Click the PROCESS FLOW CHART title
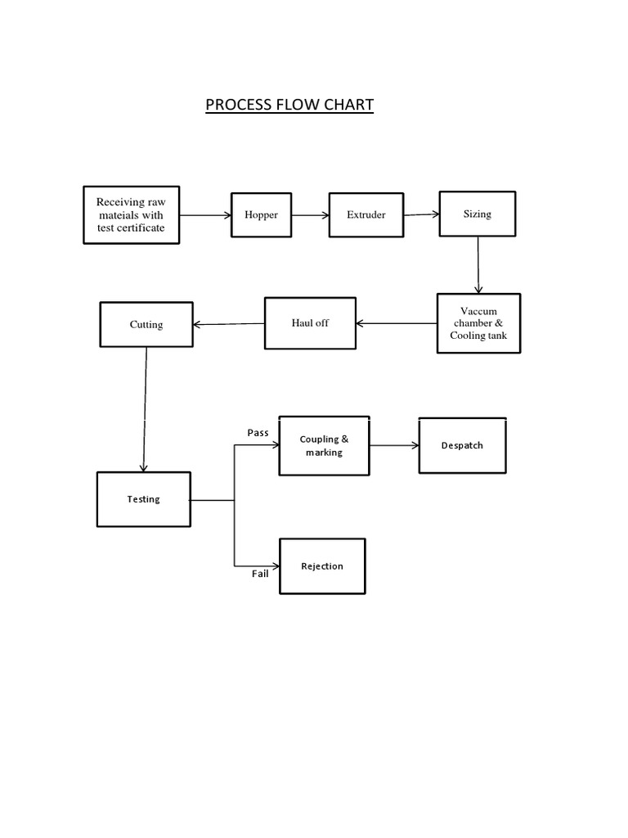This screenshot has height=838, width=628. coord(289,105)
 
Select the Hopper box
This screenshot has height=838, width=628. coord(261,215)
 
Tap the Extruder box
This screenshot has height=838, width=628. coord(366,215)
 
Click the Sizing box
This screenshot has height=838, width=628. coord(478,214)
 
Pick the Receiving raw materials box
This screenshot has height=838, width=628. coord(131,215)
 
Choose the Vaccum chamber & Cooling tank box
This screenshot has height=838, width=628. coord(478,323)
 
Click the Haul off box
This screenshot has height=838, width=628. coord(310,323)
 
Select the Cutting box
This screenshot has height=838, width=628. coord(146,325)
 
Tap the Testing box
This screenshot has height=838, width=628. coord(144,499)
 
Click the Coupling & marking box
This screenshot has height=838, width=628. coord(324,446)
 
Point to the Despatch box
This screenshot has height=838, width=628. coord(462,446)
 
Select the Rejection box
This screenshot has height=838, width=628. coord(322,566)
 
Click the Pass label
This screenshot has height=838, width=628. coord(258,432)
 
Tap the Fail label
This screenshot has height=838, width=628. coord(260,574)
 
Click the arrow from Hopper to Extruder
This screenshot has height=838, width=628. coord(310,215)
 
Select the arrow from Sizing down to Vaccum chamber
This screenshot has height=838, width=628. coord(478,265)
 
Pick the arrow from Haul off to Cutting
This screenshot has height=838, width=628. coord(229,324)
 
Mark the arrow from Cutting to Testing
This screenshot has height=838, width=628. coord(145,409)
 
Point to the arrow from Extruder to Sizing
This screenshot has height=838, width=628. coord(421,214)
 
